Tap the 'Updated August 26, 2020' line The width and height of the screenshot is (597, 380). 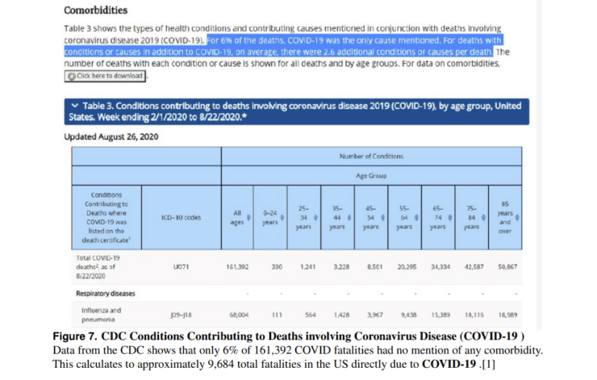click(x=111, y=136)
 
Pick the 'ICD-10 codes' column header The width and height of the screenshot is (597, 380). click(x=181, y=216)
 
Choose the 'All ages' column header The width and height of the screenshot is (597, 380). click(x=236, y=216)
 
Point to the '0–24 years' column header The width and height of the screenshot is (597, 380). click(x=269, y=216)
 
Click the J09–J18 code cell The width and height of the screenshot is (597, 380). click(x=181, y=315)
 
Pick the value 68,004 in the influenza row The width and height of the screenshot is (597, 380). click(x=236, y=315)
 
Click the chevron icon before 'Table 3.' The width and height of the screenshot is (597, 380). click(x=75, y=106)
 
